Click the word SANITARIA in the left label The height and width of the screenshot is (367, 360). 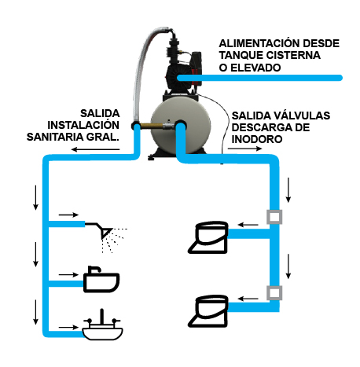tap(55, 137)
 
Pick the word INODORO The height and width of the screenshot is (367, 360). tap(257, 139)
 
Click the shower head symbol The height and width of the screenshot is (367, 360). tap(106, 236)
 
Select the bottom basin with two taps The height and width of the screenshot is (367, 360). tap(102, 326)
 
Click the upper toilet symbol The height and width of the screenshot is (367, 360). tap(208, 237)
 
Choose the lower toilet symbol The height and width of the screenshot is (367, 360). tap(208, 311)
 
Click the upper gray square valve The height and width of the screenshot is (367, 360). tap(274, 217)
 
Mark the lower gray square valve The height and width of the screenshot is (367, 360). tap(274, 292)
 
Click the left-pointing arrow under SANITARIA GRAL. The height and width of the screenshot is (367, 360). tap(95, 149)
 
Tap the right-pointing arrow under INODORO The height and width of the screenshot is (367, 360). tap(244, 149)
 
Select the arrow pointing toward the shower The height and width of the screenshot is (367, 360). tap(68, 215)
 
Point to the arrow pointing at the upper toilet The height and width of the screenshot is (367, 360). tap(248, 225)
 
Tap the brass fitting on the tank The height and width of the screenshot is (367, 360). tap(152, 126)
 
